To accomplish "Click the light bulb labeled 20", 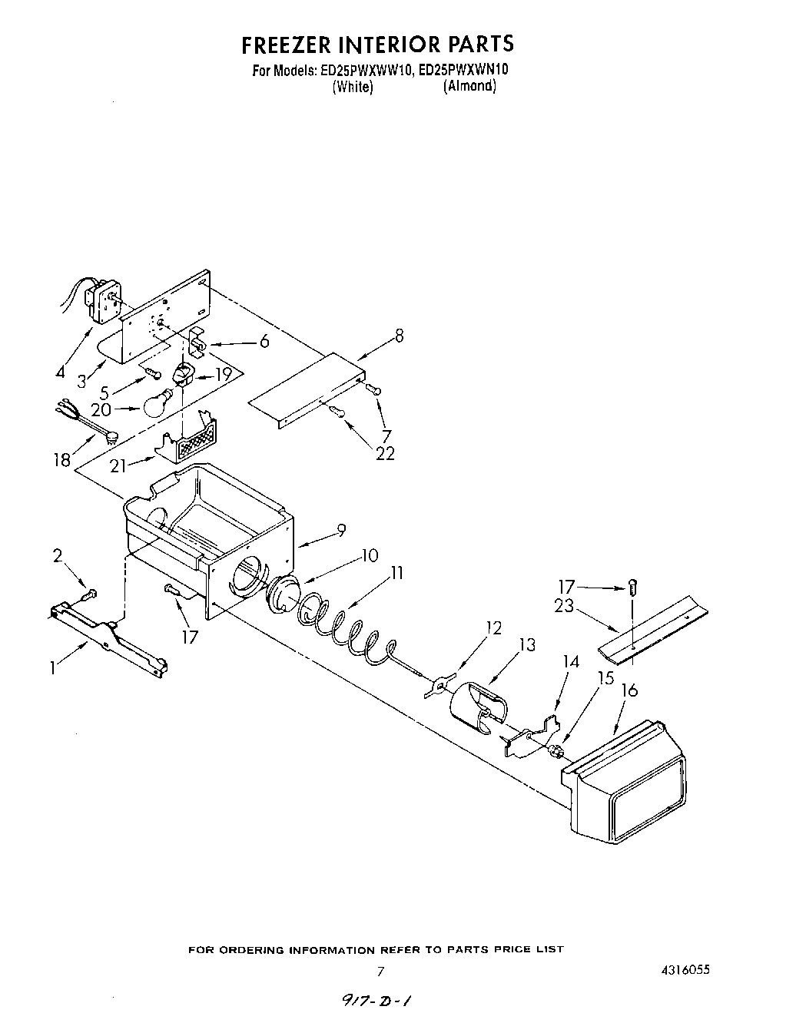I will pos(158,404).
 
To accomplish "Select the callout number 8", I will pos(399,336).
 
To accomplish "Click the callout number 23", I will pos(564,605).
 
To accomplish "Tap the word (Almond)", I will pos(469,86).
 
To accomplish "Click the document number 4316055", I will pos(678,970).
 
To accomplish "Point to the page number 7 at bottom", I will pos(380,972).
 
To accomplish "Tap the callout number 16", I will pos(629,690).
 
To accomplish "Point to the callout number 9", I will pos(341,530).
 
